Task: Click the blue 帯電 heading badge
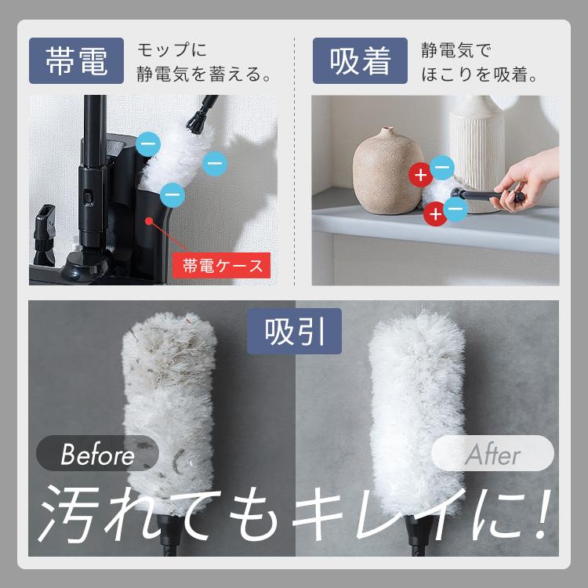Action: tap(76, 60)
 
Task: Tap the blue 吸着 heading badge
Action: tap(360, 60)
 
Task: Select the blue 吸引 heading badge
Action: tap(294, 331)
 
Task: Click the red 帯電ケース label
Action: tap(221, 266)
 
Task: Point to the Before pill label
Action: tap(97, 453)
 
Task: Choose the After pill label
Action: tap(493, 453)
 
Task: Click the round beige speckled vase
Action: tap(387, 172)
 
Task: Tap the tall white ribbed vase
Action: tap(477, 150)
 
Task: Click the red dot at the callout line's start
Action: tap(149, 221)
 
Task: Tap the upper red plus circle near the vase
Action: tap(421, 175)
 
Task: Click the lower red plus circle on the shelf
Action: tap(435, 214)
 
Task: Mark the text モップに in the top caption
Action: tap(172, 50)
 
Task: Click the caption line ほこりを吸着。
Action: tap(479, 74)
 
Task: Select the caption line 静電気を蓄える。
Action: tap(204, 74)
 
